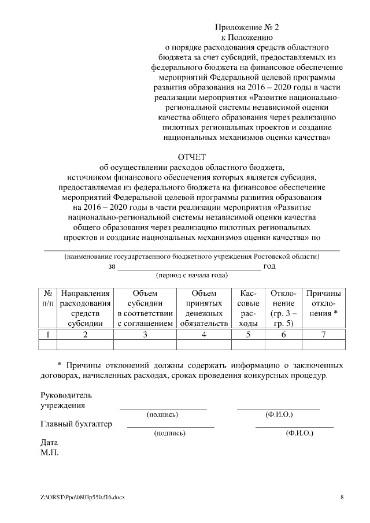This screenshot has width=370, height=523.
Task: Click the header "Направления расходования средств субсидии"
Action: pos(85,309)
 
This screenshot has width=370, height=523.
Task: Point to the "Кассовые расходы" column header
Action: pos(248,309)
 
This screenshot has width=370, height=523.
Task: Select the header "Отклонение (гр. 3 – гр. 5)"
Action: pos(283,309)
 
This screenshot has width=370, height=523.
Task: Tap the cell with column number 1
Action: pos(48,334)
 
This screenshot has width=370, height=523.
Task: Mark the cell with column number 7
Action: pos(324,334)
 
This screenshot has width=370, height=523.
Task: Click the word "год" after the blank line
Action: pos(269,266)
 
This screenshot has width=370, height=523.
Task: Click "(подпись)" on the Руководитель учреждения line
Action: pos(162,414)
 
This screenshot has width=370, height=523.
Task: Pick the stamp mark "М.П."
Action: pos(50,452)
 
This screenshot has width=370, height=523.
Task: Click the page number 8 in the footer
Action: pos(342,497)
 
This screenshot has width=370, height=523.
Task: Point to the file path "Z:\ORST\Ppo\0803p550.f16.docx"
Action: pos(83,497)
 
